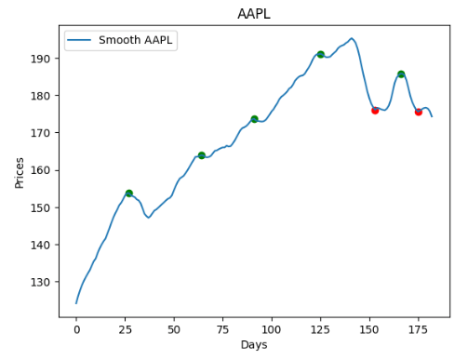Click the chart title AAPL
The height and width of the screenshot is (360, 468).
(254, 14)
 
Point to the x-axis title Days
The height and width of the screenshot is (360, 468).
(254, 345)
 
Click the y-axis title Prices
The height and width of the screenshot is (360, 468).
(20, 172)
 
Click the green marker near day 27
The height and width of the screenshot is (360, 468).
(128, 193)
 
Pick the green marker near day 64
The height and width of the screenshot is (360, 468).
(201, 155)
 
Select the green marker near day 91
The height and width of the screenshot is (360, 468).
(254, 119)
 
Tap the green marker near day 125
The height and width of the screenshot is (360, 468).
(320, 54)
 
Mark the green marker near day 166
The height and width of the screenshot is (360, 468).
(400, 73)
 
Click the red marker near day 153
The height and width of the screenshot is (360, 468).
(375, 110)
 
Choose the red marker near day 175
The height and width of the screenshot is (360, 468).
(418, 112)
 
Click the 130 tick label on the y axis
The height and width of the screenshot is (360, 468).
(47, 282)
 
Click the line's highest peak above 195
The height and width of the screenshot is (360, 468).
(352, 38)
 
